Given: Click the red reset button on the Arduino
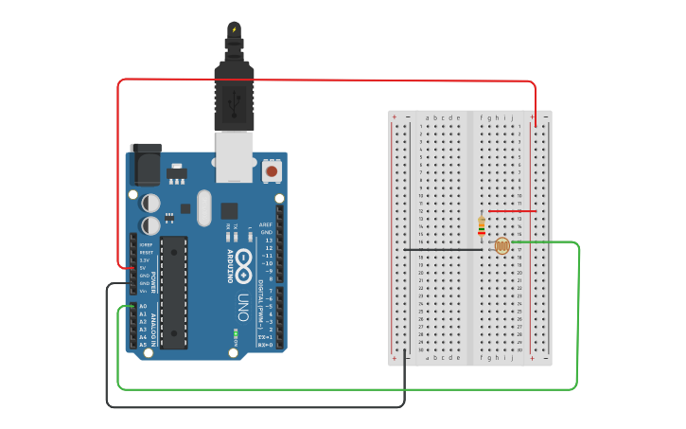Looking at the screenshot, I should pos(273,171).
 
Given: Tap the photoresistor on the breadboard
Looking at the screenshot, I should pos(501,247).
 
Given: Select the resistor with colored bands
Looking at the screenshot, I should pos(482,225).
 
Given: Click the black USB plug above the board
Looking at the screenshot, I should pos(234,95).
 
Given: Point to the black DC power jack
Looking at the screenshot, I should pos(145,164).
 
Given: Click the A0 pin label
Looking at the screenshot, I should pos(144,306).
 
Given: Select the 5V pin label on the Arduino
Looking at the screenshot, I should pos(144,268).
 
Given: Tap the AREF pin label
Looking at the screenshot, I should pos(266,224).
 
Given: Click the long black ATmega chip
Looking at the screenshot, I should pos(173,293).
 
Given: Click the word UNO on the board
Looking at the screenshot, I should pos(242,308).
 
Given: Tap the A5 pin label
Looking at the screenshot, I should pos(144,345).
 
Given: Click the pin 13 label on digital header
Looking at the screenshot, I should pos(268,240).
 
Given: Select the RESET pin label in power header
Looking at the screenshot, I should pos(146,253).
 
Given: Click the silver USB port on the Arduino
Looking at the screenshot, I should pos(234,156).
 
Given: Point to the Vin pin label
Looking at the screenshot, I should pos(144,291).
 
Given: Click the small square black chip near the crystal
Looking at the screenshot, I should pos(229,210).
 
